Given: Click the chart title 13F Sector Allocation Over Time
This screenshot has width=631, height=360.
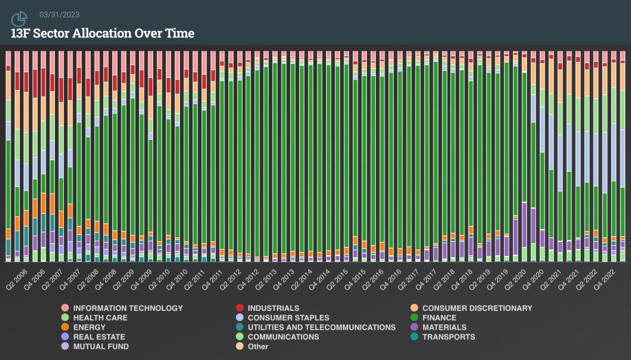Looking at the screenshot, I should tap(102, 33).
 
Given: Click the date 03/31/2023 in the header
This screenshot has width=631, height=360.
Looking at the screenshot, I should tap(60, 15).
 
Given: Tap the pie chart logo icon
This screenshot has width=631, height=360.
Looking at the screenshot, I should tap(19, 19).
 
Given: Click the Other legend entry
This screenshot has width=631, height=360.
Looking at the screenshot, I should tap(258, 346).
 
